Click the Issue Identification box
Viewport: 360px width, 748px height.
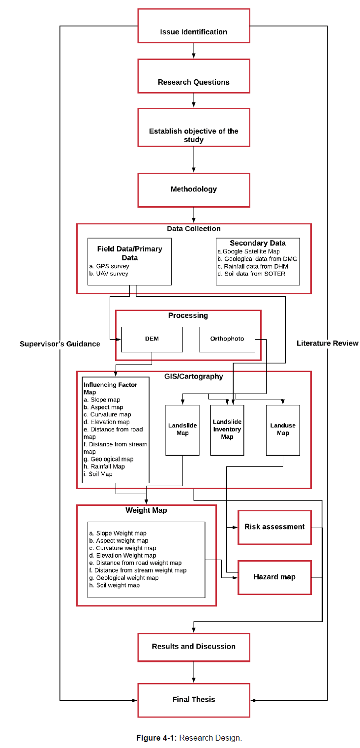[193, 26]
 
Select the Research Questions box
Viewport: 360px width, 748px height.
[193, 76]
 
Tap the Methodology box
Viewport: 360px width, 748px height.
[193, 190]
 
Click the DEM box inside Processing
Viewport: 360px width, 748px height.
[152, 339]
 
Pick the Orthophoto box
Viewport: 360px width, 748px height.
[227, 339]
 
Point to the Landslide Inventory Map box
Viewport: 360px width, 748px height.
[227, 430]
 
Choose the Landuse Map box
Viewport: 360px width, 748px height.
[283, 430]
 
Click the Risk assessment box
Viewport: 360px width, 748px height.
[274, 527]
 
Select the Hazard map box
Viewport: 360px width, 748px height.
[274, 577]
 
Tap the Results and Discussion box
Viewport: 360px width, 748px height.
[193, 647]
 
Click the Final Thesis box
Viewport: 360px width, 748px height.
[193, 700]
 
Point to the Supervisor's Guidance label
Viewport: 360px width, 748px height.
[60, 344]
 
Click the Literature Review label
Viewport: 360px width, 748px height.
[328, 343]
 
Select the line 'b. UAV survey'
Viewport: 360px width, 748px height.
[109, 274]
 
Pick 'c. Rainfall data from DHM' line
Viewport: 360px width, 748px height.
[253, 266]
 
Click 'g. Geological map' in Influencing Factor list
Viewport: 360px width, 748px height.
[108, 459]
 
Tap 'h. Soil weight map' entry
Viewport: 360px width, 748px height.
[115, 585]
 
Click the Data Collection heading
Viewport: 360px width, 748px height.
[194, 228]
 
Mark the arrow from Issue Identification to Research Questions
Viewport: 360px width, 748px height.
[193, 51]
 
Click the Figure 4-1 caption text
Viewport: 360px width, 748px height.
[189, 738]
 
